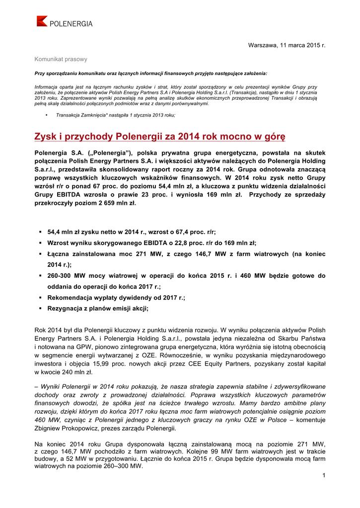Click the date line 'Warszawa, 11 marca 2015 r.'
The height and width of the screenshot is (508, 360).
click(287, 46)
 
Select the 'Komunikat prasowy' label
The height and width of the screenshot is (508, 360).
click(61, 59)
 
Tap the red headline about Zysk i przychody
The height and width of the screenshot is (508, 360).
click(159, 136)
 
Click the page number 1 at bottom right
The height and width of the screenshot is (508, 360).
click(323, 476)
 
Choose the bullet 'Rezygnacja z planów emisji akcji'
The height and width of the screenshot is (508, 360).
click(98, 309)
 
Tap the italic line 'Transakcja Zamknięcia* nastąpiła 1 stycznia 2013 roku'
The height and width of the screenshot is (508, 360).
click(115, 115)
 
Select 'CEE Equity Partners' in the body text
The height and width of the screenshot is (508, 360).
click(239, 364)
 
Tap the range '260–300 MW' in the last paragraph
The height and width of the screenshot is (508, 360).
click(117, 466)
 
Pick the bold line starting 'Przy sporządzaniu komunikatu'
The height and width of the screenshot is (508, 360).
click(150, 73)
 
